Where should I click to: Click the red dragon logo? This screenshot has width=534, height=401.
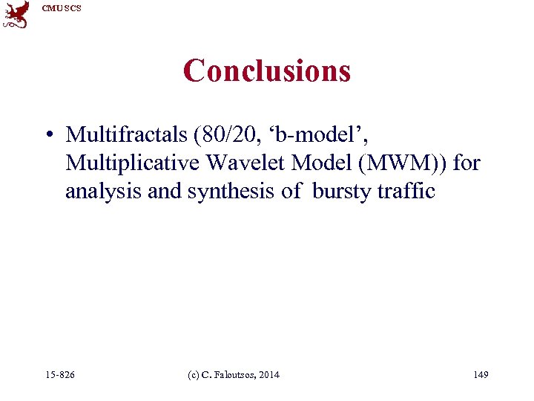coord(16,15)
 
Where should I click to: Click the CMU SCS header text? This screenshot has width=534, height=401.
coord(62,8)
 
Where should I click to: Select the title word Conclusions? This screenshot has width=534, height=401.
coord(267,71)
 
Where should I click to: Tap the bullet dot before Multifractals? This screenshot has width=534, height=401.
coord(47,135)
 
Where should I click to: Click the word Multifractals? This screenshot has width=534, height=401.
coord(126,134)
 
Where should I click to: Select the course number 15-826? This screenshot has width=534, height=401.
coord(59,375)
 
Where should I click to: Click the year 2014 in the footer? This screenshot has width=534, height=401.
coord(269,375)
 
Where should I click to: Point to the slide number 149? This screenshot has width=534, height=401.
coord(481,375)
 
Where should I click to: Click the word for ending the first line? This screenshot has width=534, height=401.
coord(467,163)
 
